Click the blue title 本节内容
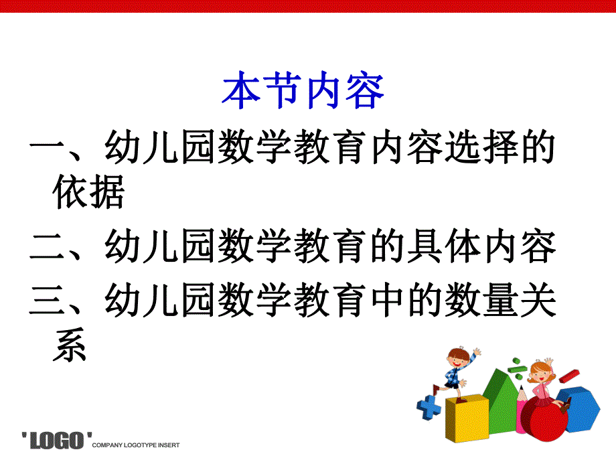tap(303, 92)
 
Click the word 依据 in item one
tap(88, 194)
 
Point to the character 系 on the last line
tap(70, 346)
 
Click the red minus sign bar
tap(569, 376)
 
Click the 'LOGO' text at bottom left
tap(58, 441)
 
